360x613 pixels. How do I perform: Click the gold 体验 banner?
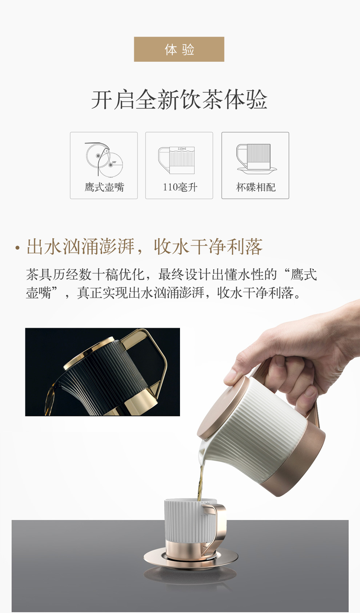click(179, 49)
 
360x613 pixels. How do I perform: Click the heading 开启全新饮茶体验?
click(179, 100)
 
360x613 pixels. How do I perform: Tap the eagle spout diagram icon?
click(104, 160)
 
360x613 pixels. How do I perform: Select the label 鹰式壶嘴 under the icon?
click(104, 187)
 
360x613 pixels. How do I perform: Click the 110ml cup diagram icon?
click(177, 160)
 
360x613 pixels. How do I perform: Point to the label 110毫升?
click(180, 187)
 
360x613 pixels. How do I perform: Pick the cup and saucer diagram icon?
click(256, 159)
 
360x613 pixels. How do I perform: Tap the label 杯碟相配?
click(256, 187)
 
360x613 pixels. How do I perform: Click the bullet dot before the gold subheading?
click(17, 248)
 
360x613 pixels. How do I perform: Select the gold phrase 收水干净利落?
click(208, 247)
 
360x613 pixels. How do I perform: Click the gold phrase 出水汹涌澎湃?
click(81, 247)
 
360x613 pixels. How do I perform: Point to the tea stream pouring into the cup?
click(201, 483)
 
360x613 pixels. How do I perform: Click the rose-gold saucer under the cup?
click(191, 557)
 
